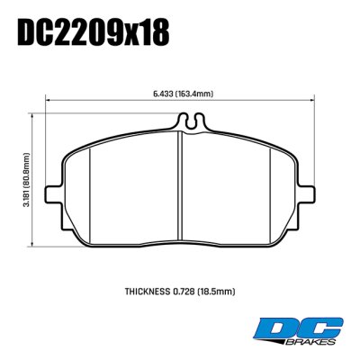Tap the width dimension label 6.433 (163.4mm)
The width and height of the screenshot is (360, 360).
pos(183,93)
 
